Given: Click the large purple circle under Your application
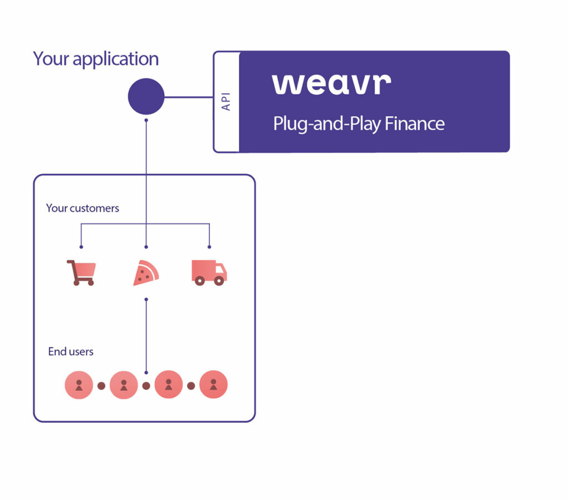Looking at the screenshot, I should pyautogui.click(x=146, y=97).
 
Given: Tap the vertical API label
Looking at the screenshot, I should pyautogui.click(x=226, y=101).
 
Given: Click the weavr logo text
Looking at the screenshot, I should pyautogui.click(x=331, y=83).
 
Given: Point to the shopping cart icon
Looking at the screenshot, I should pyautogui.click(x=81, y=272).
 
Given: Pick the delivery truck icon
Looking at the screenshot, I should pyautogui.click(x=209, y=272).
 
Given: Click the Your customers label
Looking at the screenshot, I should pyautogui.click(x=83, y=208).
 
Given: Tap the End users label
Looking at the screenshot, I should pyautogui.click(x=71, y=351).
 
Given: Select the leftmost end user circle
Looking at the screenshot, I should pyautogui.click(x=79, y=385).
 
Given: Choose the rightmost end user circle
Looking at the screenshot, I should pyautogui.click(x=214, y=384).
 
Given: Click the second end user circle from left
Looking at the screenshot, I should pyautogui.click(x=124, y=385).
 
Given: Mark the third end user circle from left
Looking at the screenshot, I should pyautogui.click(x=169, y=384).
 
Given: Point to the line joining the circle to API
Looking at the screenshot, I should pyautogui.click(x=189, y=97).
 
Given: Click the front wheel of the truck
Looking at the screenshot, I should pyautogui.click(x=219, y=281).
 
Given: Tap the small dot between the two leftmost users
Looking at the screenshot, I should pyautogui.click(x=102, y=386).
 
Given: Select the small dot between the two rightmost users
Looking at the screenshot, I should pyautogui.click(x=191, y=386).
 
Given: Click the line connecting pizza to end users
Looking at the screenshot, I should pyautogui.click(x=146, y=336).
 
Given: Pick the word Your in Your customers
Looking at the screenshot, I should pyautogui.click(x=57, y=208).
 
